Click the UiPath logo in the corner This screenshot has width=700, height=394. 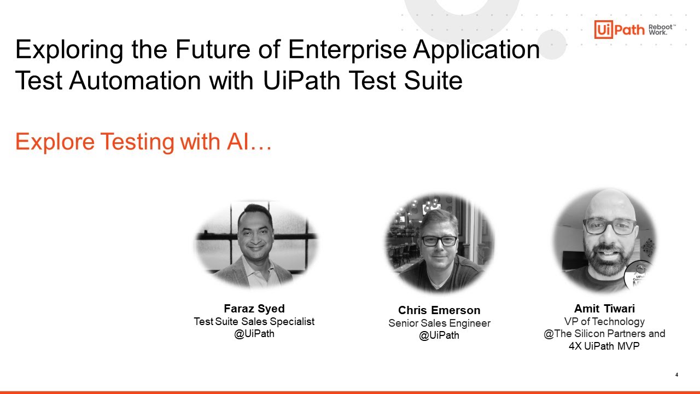pos(620,30)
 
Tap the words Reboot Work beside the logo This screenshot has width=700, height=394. pos(662,30)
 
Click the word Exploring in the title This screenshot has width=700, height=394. pos(69,50)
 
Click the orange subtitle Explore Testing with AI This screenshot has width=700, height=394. pos(144,142)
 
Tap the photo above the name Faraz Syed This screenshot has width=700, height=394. pos(256,244)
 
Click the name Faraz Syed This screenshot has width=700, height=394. pos(254,309)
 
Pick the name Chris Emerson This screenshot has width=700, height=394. pos(439,310)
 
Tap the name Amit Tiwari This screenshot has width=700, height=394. pos(604,309)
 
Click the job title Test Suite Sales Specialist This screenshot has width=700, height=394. pos(254,322)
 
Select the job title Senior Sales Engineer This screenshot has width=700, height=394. pos(439,323)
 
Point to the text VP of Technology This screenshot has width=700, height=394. pos(604,322)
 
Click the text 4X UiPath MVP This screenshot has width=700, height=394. pos(604,346)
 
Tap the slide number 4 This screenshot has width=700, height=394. pos(676,375)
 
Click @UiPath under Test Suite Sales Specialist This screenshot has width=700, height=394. pos(254,334)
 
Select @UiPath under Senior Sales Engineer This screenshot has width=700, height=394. pos(439,335)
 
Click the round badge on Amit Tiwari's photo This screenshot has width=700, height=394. pos(640,276)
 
